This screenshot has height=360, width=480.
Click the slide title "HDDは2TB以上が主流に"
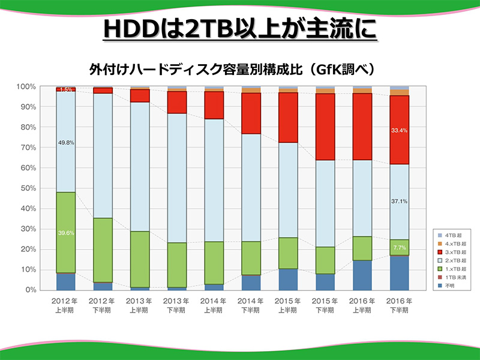[239, 28]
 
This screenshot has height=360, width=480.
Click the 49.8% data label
[65, 143]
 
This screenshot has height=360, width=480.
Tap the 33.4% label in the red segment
[399, 130]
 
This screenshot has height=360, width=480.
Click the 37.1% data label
[399, 202]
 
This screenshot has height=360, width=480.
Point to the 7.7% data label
[399, 247]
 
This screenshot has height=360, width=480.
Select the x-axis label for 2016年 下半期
[399, 305]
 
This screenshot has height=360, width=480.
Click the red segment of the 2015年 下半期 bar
[325, 127]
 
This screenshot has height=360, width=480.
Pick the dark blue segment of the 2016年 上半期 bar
[362, 275]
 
